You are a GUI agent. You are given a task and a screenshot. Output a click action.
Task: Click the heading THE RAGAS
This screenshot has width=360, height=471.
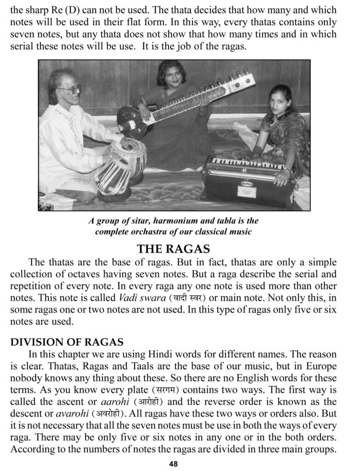(x=173, y=249)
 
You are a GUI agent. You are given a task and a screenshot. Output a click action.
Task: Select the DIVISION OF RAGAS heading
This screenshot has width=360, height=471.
(x=67, y=342)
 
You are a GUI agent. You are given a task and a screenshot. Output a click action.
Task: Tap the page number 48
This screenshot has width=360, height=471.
(x=173, y=464)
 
